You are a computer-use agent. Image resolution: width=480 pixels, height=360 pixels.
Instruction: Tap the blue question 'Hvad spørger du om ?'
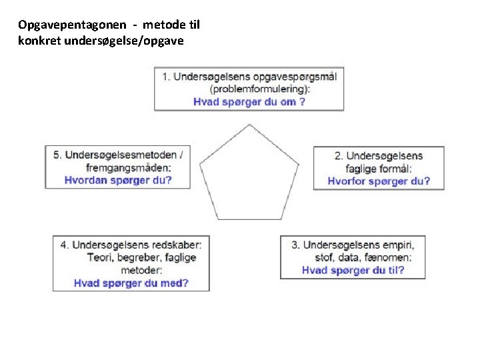coord(249,102)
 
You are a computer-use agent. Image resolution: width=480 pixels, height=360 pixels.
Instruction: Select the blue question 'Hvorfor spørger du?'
coord(379,181)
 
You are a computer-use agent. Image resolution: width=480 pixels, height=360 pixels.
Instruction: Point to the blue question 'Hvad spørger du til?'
coord(353,270)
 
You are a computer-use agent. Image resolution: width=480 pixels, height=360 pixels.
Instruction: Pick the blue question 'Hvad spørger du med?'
coord(131,283)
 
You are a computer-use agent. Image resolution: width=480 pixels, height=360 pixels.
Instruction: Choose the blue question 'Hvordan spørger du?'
coord(118,180)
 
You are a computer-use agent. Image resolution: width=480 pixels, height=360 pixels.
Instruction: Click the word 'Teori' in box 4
coord(99,257)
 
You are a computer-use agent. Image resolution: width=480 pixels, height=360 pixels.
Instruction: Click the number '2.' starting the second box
coord(339,155)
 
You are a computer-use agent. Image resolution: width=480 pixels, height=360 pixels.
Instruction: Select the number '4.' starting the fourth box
coord(65,245)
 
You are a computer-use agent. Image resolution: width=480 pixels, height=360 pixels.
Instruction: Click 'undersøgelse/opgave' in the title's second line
coord(133,39)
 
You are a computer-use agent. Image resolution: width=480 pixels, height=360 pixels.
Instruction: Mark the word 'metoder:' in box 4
coord(141,270)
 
